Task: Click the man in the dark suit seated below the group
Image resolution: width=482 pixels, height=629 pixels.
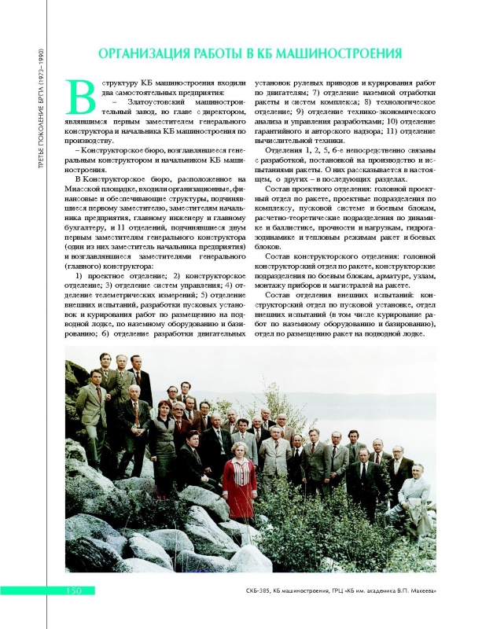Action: point(189,464)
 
